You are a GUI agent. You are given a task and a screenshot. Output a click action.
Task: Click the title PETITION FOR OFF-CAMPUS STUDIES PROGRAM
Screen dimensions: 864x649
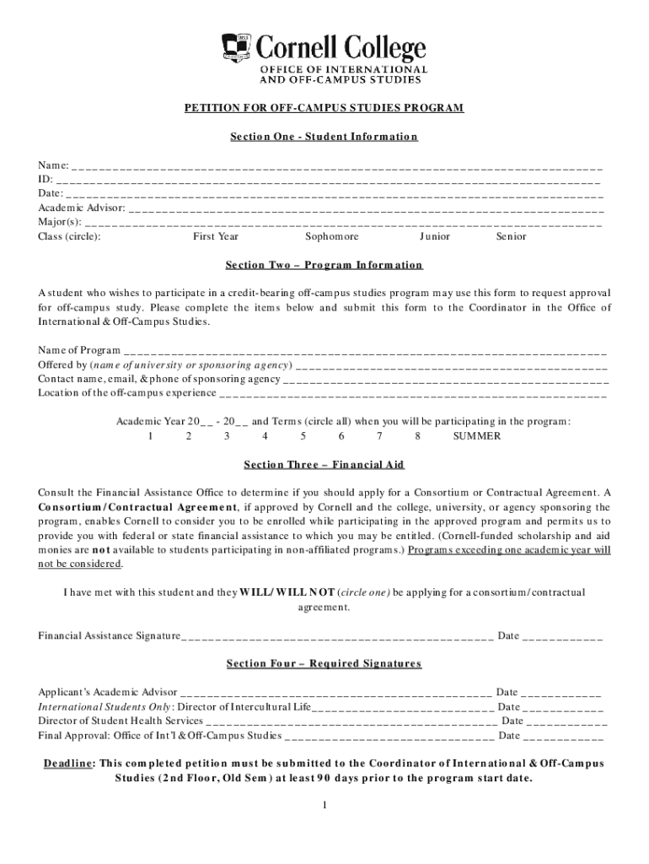pos(324,109)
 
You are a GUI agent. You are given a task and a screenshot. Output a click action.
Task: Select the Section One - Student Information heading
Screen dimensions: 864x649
pos(324,137)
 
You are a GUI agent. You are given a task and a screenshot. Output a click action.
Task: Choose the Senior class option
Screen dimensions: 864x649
pos(511,237)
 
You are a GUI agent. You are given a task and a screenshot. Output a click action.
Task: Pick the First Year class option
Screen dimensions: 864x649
pos(216,237)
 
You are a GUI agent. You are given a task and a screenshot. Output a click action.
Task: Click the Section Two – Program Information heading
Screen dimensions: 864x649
pos(324,265)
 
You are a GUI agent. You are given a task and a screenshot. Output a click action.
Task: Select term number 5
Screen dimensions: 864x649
pos(303,436)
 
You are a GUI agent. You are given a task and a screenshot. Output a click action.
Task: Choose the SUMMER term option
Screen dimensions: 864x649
pos(476,436)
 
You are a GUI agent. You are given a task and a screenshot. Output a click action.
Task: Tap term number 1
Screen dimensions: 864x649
pos(150,436)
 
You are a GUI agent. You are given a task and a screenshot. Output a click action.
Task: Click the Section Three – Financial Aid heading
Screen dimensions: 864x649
pos(324,465)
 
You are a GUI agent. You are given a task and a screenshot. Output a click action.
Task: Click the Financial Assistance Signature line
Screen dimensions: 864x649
pos(337,636)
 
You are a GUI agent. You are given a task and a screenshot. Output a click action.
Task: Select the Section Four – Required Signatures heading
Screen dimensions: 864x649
pos(324,664)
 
